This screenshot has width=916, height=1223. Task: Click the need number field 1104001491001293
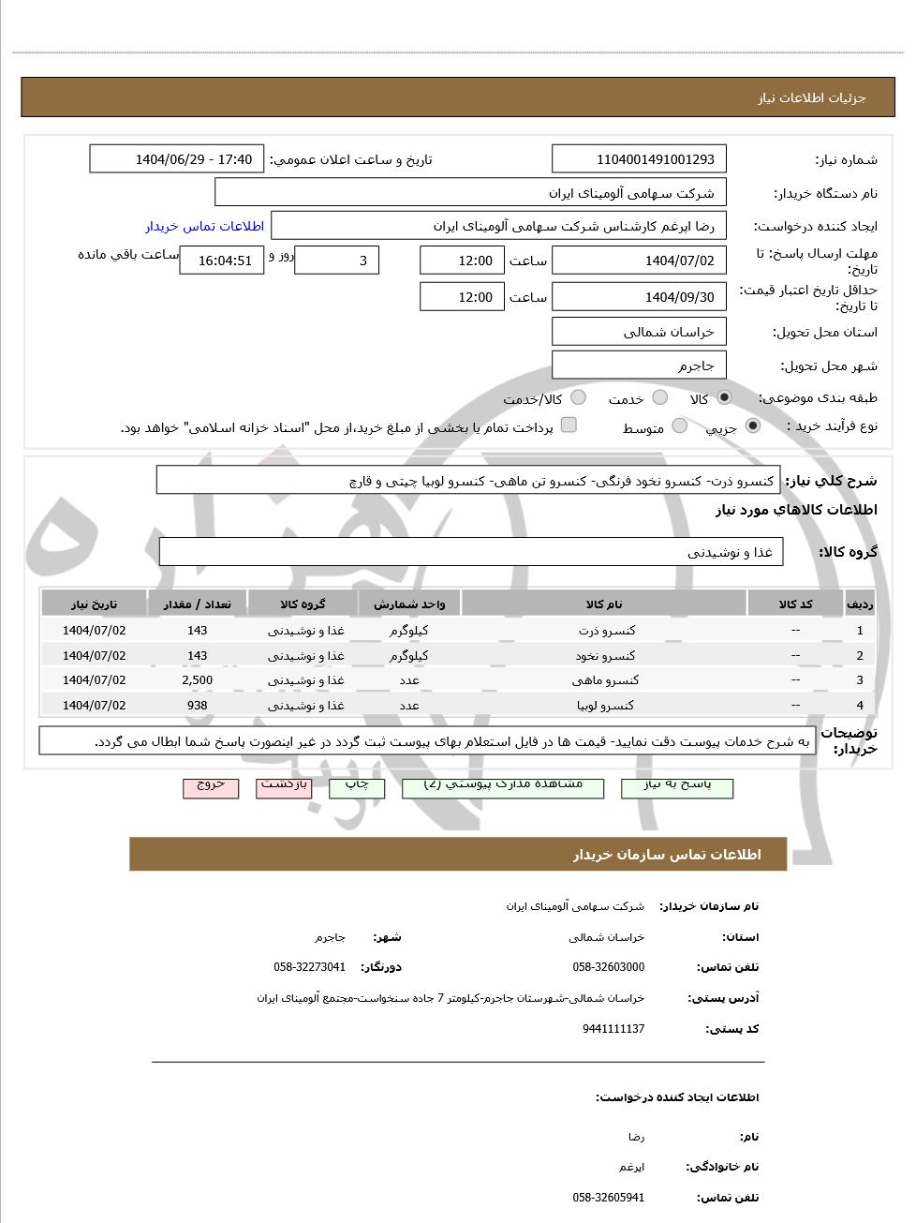[x=640, y=159]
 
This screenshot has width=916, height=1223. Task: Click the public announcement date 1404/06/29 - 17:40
[x=176, y=159]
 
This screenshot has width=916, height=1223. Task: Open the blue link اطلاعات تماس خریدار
[x=204, y=226]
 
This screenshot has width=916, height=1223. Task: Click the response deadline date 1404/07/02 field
[x=640, y=261]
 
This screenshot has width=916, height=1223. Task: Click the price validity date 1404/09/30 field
[x=640, y=297]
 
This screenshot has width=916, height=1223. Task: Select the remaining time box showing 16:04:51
[x=222, y=261]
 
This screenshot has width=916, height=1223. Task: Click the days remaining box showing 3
[x=336, y=261]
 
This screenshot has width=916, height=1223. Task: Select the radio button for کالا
[x=724, y=397]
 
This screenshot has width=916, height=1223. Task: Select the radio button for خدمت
[x=659, y=397]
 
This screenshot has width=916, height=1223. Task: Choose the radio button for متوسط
[x=680, y=426]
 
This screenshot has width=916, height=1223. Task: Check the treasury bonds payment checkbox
[x=569, y=425]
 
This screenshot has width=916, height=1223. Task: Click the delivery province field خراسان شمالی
[x=640, y=332]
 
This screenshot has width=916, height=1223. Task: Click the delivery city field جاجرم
[x=640, y=365]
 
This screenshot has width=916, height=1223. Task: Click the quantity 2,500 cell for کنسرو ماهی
[x=197, y=680]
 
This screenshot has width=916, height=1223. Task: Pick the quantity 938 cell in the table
[x=197, y=705]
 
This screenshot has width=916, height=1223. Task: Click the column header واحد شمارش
[x=408, y=604]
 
